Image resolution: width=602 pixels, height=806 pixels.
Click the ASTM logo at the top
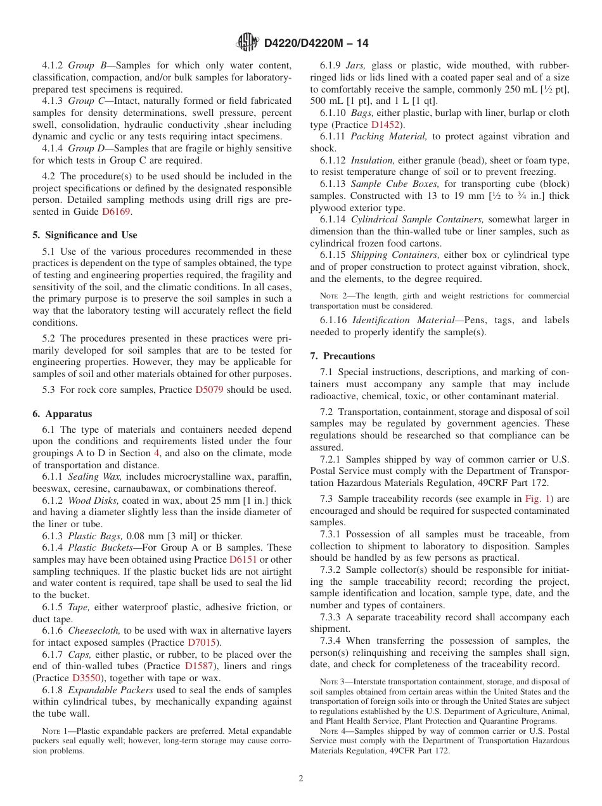point(247,42)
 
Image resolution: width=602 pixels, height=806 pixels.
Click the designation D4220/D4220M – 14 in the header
point(316,43)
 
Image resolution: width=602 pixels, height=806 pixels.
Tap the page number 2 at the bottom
point(301,779)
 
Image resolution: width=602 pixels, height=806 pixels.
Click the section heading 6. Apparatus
point(62,414)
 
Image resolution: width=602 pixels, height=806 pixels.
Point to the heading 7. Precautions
point(342,356)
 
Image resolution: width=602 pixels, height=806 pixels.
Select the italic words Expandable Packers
point(101,690)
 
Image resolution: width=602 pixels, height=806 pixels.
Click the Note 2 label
point(333,296)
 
